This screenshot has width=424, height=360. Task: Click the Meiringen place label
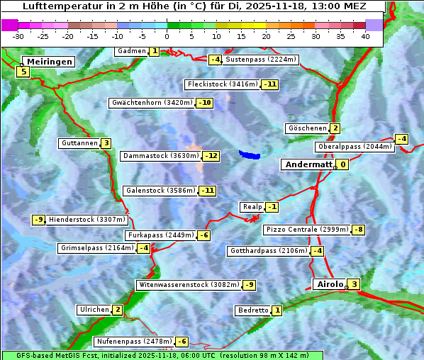point(48,62)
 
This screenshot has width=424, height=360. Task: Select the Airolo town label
point(329,284)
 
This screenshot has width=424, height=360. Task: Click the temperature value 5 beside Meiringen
point(23,71)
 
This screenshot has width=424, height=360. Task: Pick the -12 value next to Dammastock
point(211,156)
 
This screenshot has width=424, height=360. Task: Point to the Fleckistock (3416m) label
point(222,84)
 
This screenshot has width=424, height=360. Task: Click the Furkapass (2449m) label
point(160,235)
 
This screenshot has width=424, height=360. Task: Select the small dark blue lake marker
point(250,154)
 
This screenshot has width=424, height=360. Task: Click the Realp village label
point(252,207)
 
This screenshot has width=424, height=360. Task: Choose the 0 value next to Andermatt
point(342,164)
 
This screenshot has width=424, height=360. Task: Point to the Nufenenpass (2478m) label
point(134,342)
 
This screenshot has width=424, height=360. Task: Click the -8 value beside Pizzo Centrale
point(359,230)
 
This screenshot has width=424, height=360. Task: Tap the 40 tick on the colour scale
point(365,36)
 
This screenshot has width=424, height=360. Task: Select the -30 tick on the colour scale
point(18,36)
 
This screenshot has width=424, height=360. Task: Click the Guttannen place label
point(79,143)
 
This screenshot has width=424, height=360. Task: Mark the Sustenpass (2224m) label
point(255,60)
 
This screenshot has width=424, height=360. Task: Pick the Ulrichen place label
point(94,310)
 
